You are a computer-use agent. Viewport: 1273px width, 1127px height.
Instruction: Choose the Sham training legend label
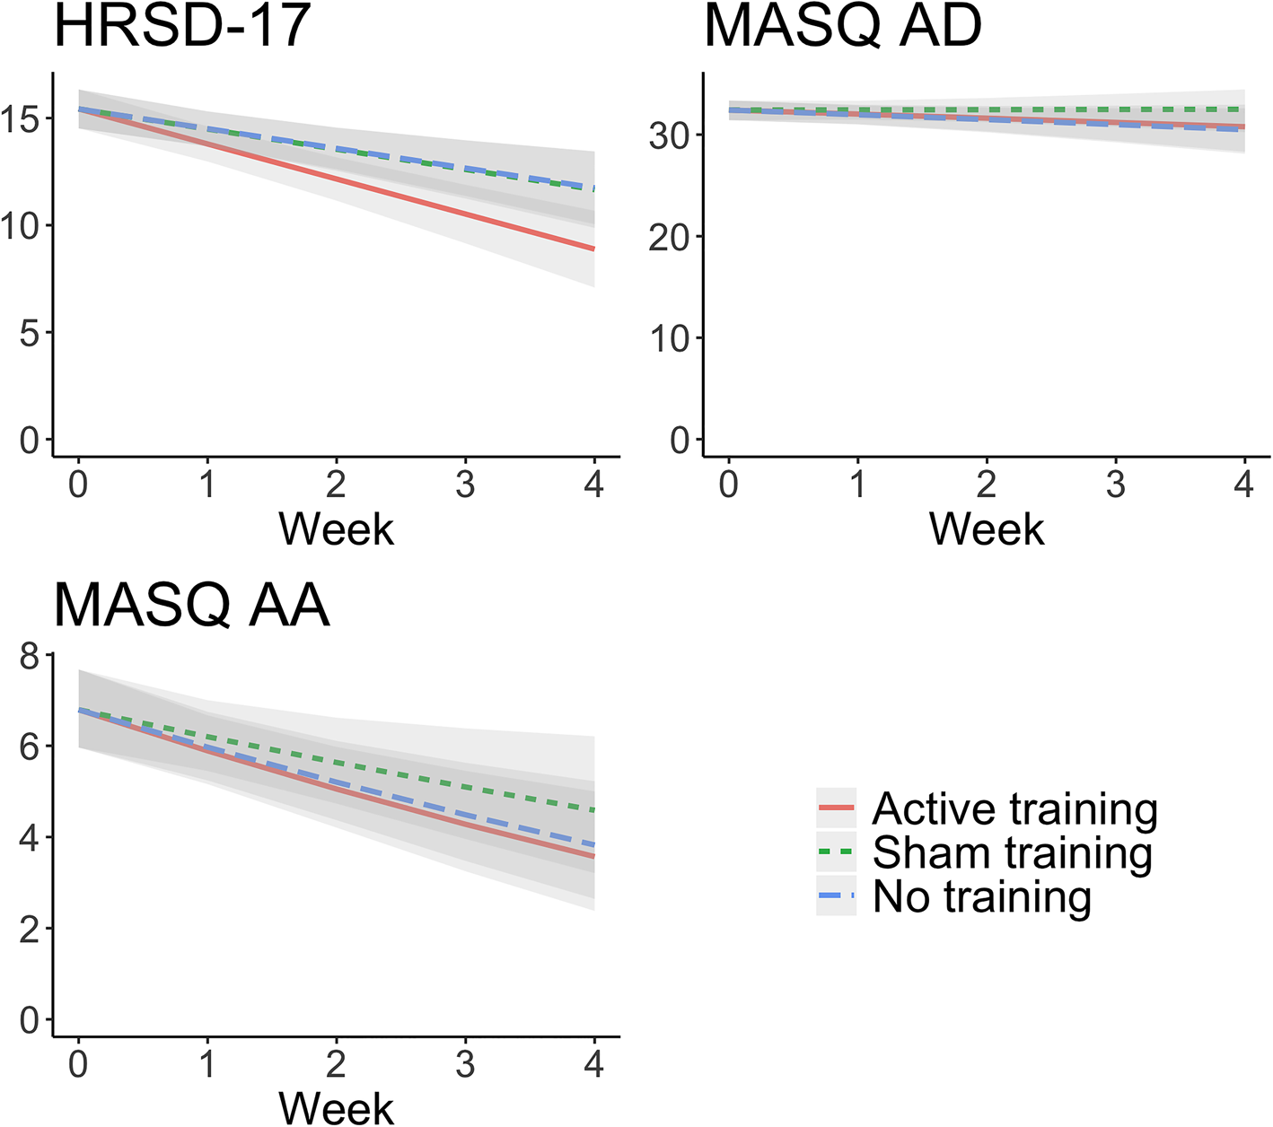pyautogui.click(x=1012, y=852)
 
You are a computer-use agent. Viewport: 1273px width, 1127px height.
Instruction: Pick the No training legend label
pyautogui.click(x=981, y=896)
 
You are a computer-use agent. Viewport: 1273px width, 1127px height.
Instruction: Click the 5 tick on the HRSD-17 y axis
pyautogui.click(x=31, y=333)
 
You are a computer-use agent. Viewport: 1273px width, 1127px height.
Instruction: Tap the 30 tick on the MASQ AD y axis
pyautogui.click(x=670, y=135)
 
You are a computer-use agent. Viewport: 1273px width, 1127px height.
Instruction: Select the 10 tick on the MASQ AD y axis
pyautogui.click(x=670, y=338)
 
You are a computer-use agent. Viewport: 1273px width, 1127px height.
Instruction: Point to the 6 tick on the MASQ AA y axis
pyautogui.click(x=31, y=747)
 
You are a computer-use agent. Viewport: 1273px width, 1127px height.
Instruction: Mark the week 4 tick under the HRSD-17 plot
pyautogui.click(x=593, y=485)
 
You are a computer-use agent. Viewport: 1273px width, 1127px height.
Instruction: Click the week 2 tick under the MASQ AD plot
pyautogui.click(x=986, y=485)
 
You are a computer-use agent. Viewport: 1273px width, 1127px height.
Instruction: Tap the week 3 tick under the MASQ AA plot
pyautogui.click(x=465, y=1064)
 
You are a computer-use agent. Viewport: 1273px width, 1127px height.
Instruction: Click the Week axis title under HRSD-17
pyautogui.click(x=336, y=529)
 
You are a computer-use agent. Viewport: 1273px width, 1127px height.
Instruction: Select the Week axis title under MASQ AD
pyautogui.click(x=986, y=529)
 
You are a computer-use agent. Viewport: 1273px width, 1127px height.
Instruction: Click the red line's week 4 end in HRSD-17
pyautogui.click(x=593, y=249)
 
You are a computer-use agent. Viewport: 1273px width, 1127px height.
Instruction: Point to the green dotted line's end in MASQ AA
pyautogui.click(x=593, y=810)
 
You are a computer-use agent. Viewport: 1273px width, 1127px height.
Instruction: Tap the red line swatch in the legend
pyautogui.click(x=836, y=808)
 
